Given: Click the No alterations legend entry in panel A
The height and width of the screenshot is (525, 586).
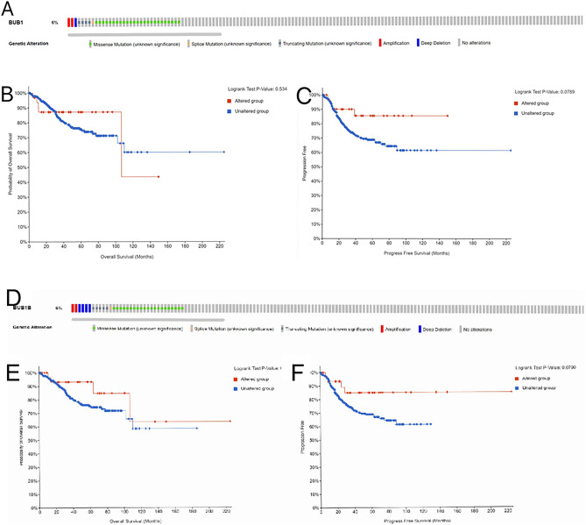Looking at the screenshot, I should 485,42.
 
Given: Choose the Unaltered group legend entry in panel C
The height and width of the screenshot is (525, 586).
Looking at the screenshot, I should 530,112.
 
